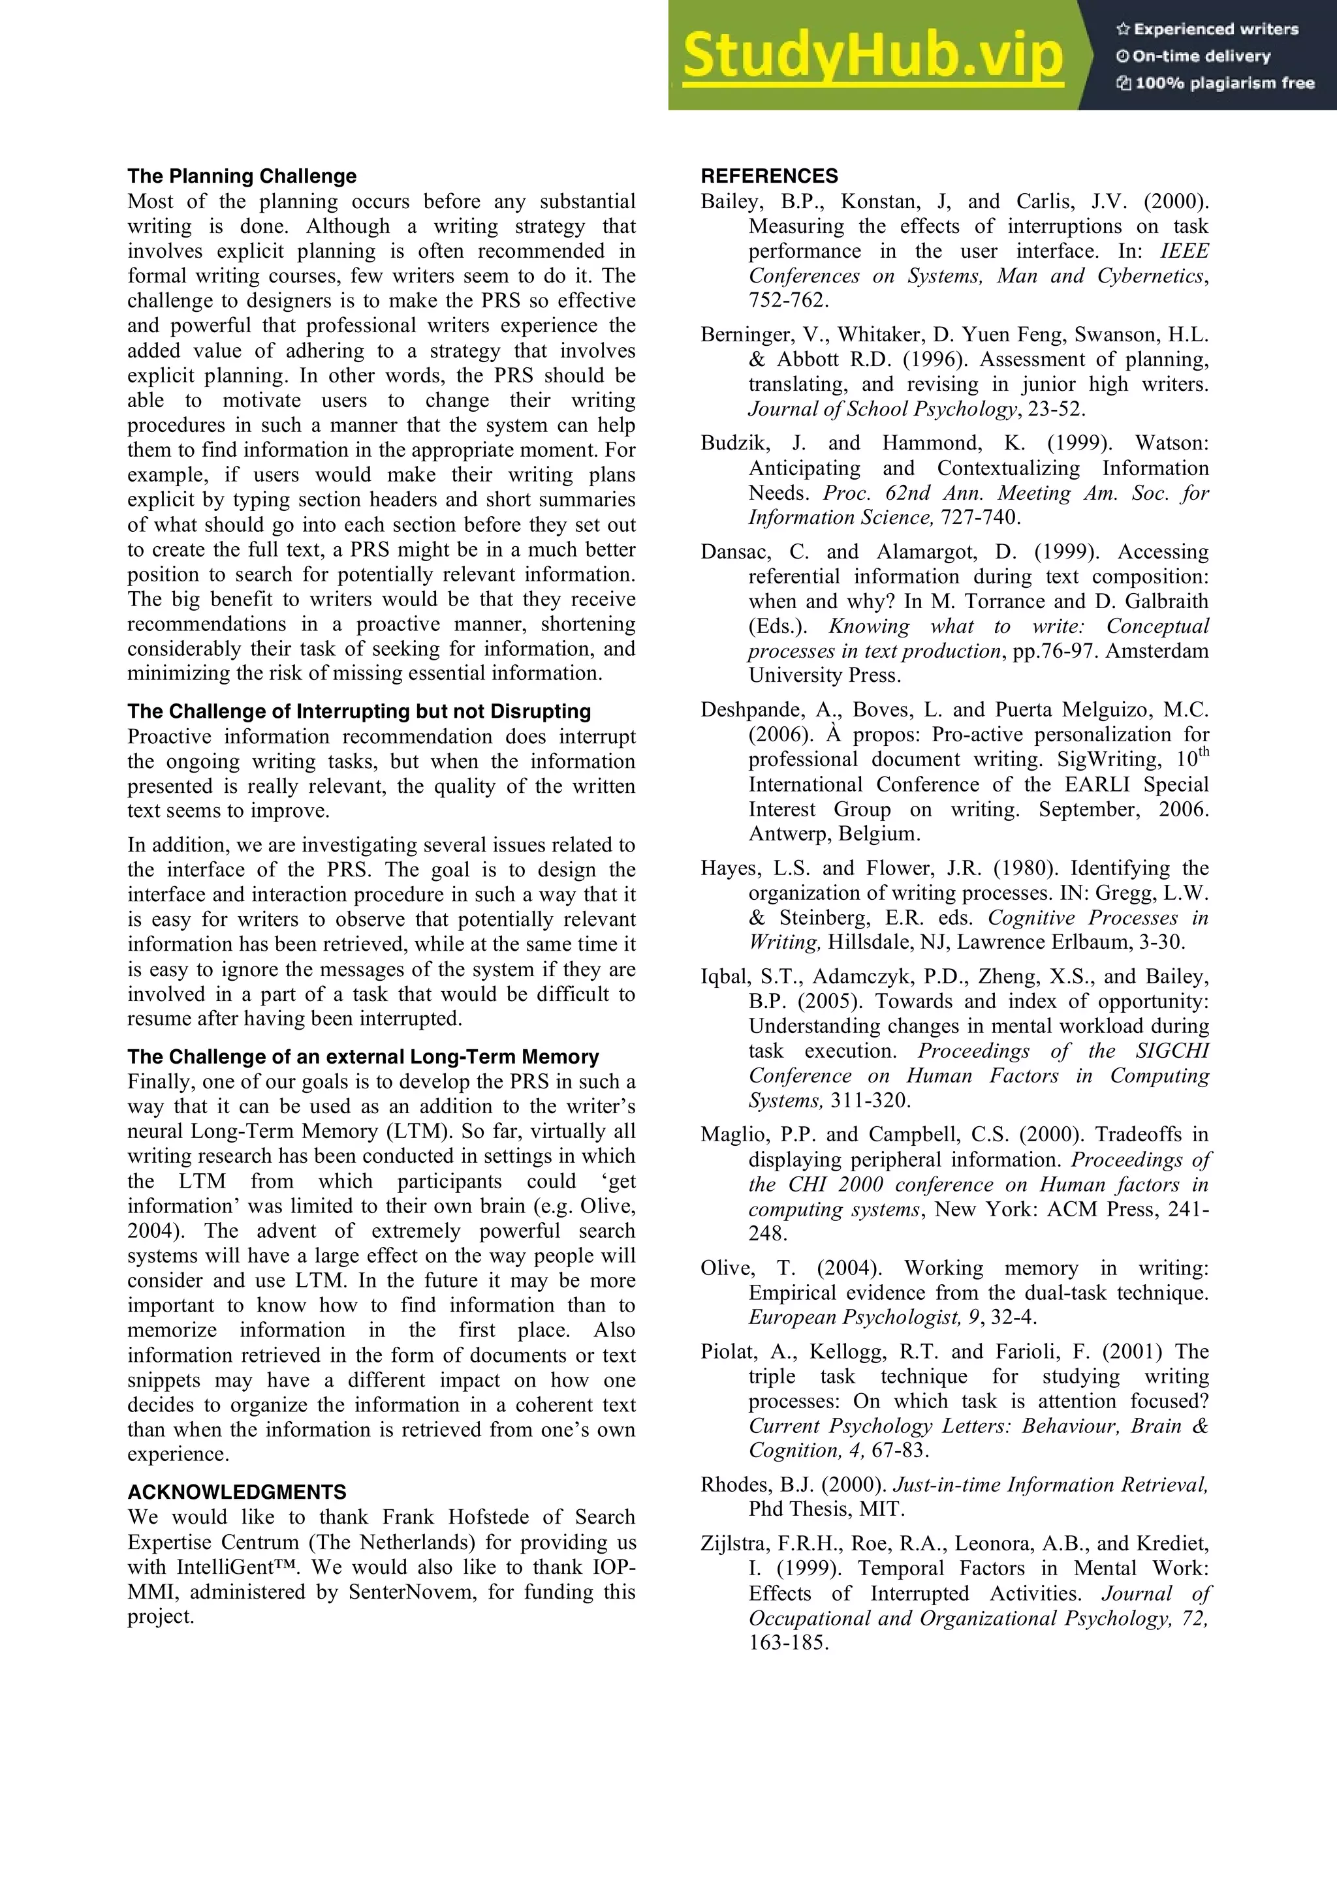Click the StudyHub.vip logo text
pyautogui.click(x=872, y=56)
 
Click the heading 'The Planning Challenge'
pyautogui.click(x=242, y=176)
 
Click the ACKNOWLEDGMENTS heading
pyautogui.click(x=236, y=1492)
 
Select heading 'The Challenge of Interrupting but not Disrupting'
pyautogui.click(x=359, y=712)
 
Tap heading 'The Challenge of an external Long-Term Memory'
pyautogui.click(x=362, y=1056)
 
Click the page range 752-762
pyautogui.click(x=787, y=301)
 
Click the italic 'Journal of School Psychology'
pyautogui.click(x=882, y=409)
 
